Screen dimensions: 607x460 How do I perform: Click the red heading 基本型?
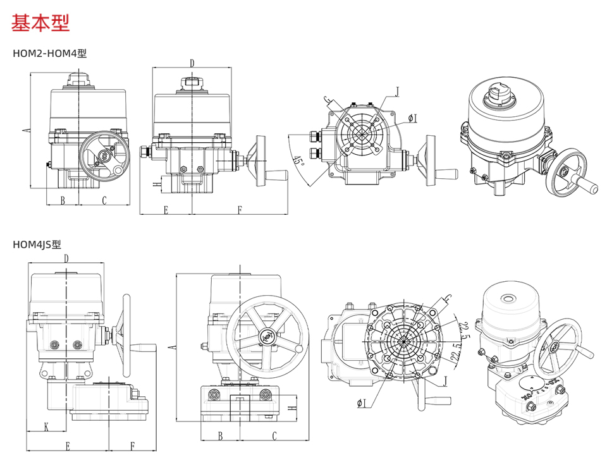(40, 23)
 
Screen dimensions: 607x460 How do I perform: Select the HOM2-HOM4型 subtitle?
(49, 53)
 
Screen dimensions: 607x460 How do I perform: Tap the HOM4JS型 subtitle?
(37, 244)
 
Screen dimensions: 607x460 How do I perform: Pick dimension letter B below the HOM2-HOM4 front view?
(63, 200)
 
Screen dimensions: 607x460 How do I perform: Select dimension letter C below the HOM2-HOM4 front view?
(104, 200)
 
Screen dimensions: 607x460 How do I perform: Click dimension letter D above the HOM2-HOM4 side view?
(192, 63)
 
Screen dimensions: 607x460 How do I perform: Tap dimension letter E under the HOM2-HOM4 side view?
(166, 210)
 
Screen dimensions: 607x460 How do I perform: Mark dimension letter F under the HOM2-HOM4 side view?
(240, 210)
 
